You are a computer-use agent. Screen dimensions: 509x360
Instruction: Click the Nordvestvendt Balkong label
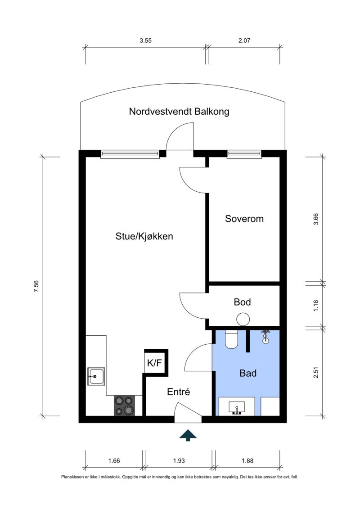point(179,112)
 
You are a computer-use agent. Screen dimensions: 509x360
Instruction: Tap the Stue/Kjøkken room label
point(144,236)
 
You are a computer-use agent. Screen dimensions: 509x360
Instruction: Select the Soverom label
point(244,219)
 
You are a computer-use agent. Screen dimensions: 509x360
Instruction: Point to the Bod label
point(242,302)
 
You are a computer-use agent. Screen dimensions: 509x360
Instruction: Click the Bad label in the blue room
point(248,373)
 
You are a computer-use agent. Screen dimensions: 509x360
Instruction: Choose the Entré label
point(179,392)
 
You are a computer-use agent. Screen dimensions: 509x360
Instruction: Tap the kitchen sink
point(96,376)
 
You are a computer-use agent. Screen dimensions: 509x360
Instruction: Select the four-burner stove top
point(125,405)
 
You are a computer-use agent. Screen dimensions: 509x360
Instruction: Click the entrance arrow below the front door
point(188,435)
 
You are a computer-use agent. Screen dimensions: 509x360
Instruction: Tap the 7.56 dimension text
point(36,287)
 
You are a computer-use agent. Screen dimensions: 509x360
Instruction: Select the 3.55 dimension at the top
point(145,41)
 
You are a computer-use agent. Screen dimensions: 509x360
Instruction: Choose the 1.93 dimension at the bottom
point(178,460)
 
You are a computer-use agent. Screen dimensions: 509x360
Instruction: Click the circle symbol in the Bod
point(243,319)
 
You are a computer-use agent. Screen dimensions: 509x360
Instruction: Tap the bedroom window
point(244,154)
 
